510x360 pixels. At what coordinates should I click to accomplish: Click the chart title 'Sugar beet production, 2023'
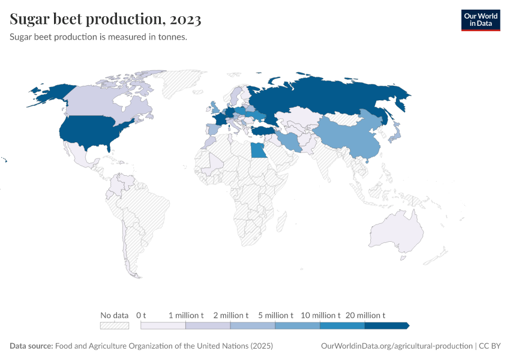[x=106, y=19]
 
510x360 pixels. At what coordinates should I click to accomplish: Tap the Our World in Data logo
[x=480, y=20]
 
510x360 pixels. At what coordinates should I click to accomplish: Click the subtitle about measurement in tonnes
[x=98, y=37]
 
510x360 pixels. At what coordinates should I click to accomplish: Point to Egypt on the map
[x=257, y=150]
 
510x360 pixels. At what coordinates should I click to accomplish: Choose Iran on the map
[x=289, y=141]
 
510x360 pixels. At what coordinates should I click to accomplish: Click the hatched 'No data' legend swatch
[x=115, y=326]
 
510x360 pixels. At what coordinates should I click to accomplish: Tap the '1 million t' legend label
[x=186, y=315]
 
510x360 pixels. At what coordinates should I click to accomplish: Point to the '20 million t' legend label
[x=365, y=315]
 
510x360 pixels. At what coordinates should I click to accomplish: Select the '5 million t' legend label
[x=275, y=315]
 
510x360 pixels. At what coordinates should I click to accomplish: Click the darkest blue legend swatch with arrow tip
[x=386, y=326]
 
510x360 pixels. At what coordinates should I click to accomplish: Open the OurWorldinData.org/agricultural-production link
[x=397, y=346]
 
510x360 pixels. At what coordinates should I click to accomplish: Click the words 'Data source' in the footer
[x=31, y=346]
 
